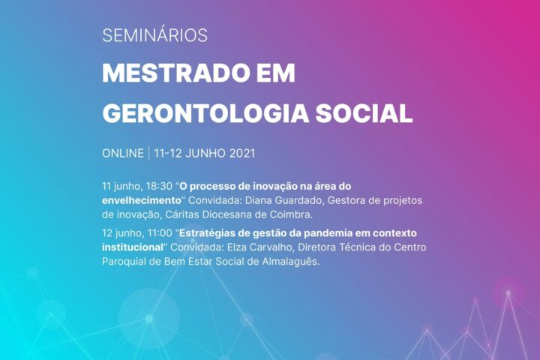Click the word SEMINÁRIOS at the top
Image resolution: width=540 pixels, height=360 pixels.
(155, 35)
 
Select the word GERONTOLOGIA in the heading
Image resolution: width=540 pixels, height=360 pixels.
(205, 113)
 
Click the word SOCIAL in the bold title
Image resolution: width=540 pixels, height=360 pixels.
(364, 113)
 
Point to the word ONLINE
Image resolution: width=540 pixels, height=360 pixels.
(123, 153)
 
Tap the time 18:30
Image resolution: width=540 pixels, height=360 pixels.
(159, 186)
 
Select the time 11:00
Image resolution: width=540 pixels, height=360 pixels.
(160, 233)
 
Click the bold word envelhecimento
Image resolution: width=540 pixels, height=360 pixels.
(142, 200)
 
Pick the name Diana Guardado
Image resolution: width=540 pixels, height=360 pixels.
(284, 200)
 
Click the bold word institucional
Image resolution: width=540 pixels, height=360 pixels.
(133, 247)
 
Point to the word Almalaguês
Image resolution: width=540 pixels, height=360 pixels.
(291, 262)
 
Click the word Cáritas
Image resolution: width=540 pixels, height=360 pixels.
(182, 214)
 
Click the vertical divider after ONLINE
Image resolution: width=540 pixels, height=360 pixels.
(149, 153)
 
